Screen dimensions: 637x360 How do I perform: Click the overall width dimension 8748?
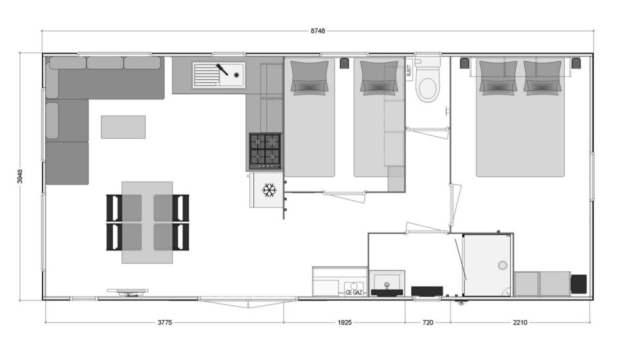point(318,31)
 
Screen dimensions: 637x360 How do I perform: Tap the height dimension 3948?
point(20,176)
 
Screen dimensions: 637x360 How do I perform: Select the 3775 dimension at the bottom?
point(164,323)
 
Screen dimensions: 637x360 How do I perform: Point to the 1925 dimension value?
point(344,323)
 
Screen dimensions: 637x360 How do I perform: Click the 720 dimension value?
point(428,323)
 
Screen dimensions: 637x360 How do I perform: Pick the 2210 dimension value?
point(519,323)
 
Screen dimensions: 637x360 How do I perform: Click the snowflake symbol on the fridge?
point(269,190)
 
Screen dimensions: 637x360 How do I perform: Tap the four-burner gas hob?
point(265,151)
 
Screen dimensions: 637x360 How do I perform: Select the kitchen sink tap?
point(222,69)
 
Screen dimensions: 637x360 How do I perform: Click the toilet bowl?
point(427,89)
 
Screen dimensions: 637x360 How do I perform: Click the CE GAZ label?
point(353,292)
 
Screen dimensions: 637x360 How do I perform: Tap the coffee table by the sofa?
point(123,127)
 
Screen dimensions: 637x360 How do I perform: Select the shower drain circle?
point(503,265)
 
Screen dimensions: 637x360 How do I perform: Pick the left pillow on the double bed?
point(498,78)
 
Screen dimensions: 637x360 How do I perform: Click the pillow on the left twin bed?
point(310,78)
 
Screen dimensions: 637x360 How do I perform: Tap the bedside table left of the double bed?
point(464,63)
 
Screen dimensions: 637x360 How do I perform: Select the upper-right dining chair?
point(180,208)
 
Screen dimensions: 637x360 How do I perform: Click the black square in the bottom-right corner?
point(579,284)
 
